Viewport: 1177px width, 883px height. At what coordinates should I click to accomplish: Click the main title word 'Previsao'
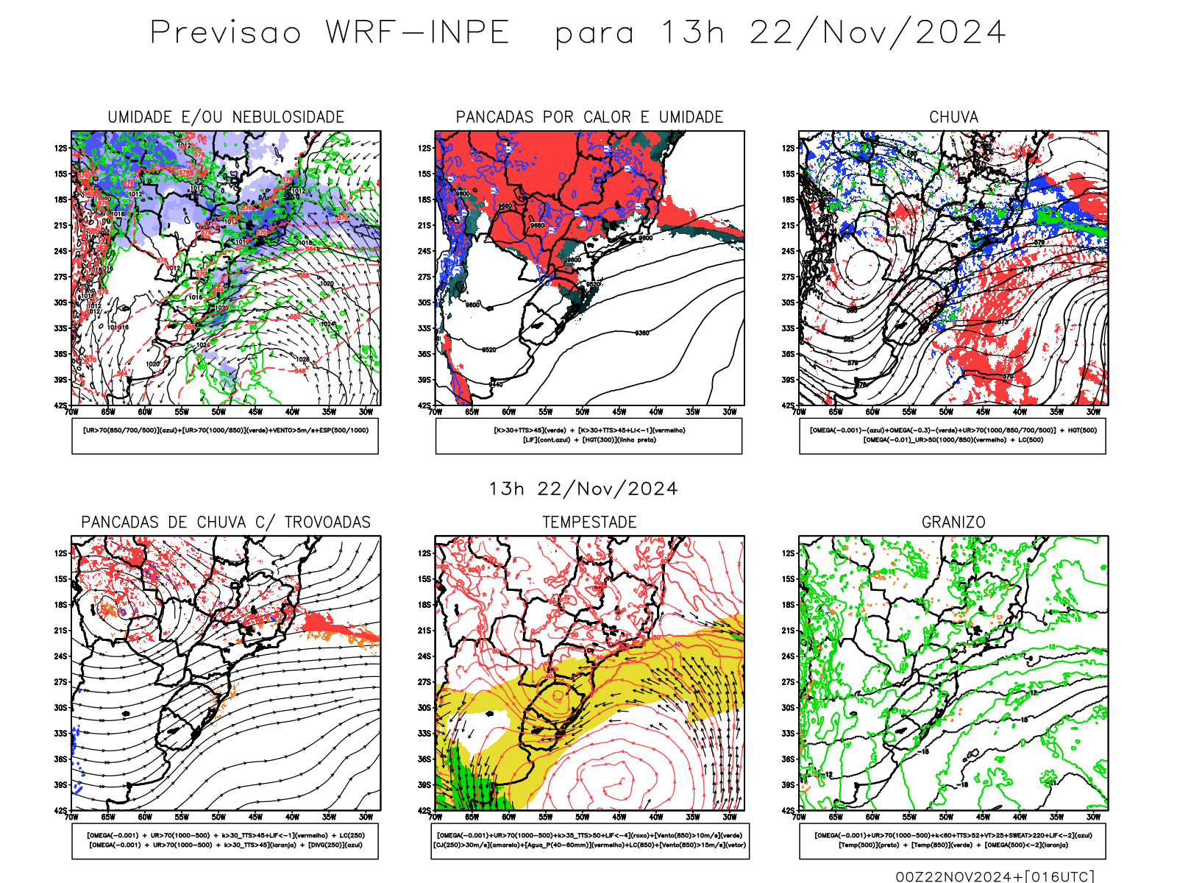pyautogui.click(x=226, y=33)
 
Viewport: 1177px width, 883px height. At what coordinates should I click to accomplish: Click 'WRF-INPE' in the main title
pyautogui.click(x=418, y=33)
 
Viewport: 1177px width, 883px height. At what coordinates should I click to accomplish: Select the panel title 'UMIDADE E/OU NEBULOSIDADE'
pyautogui.click(x=226, y=117)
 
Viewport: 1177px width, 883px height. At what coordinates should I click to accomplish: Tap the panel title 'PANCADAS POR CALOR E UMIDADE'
pyautogui.click(x=589, y=117)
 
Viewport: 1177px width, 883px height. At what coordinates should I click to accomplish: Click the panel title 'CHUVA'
pyautogui.click(x=953, y=117)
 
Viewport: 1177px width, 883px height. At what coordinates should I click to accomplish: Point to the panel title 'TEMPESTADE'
pyautogui.click(x=589, y=522)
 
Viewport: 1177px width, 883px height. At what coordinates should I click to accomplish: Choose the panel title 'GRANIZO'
pyautogui.click(x=953, y=522)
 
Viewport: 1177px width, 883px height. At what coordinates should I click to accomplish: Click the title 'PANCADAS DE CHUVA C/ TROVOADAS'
pyautogui.click(x=226, y=522)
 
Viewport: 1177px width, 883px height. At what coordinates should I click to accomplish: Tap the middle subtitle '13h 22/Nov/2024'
pyautogui.click(x=583, y=489)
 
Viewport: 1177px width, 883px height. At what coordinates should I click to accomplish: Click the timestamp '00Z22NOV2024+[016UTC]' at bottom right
pyautogui.click(x=995, y=876)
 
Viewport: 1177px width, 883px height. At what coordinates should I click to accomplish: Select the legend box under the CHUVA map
pyautogui.click(x=953, y=436)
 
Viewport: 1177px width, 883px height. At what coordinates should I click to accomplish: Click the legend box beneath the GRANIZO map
pyautogui.click(x=953, y=840)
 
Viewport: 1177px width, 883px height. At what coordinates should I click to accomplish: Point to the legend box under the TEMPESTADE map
pyautogui.click(x=589, y=840)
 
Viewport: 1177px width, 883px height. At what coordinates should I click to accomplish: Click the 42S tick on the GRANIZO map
pyautogui.click(x=789, y=810)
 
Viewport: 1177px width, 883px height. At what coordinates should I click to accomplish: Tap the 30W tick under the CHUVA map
pyautogui.click(x=1093, y=412)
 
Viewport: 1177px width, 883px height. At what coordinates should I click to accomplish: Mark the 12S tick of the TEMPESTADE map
pyautogui.click(x=425, y=553)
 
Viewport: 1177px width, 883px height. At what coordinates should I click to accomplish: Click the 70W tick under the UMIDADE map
pyautogui.click(x=71, y=412)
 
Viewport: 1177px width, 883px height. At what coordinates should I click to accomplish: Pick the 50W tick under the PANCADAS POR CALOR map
pyautogui.click(x=582, y=412)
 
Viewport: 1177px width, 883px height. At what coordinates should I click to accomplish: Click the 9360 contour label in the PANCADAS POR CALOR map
pyautogui.click(x=641, y=333)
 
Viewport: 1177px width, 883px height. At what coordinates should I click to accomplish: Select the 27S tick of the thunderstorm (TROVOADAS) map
pyautogui.click(x=61, y=682)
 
